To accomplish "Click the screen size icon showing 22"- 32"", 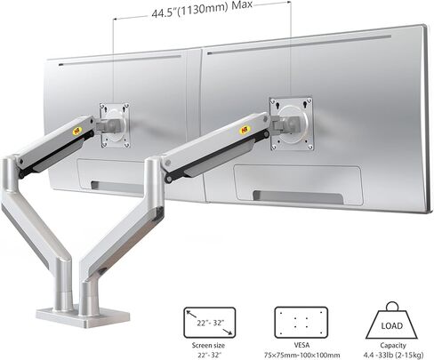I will (x=202, y=317).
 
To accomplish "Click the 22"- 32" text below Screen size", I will (x=202, y=351).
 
